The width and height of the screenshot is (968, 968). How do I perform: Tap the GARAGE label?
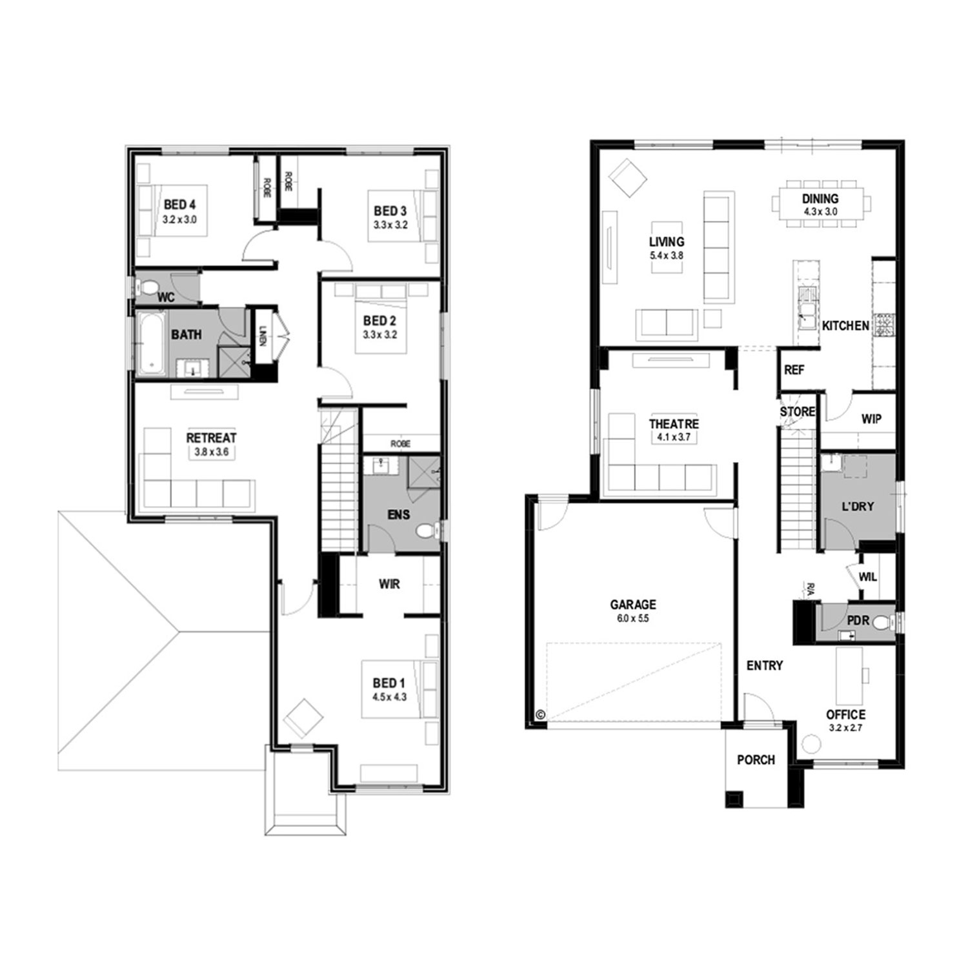633,605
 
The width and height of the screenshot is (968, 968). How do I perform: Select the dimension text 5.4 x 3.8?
667,256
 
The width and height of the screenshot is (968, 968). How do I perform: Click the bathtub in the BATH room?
151,343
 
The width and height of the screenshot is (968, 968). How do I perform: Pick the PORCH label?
756,760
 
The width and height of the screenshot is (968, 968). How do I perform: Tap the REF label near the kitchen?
794,370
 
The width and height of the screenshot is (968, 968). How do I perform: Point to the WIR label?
389,584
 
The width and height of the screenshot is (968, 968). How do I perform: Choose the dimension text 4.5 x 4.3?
389,697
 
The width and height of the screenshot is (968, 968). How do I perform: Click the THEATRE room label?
674,424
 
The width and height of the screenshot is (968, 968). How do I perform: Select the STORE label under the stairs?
798,412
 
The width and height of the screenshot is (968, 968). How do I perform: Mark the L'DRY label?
858,507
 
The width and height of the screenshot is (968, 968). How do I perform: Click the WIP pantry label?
871,419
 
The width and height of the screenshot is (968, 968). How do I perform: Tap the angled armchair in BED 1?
303,718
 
